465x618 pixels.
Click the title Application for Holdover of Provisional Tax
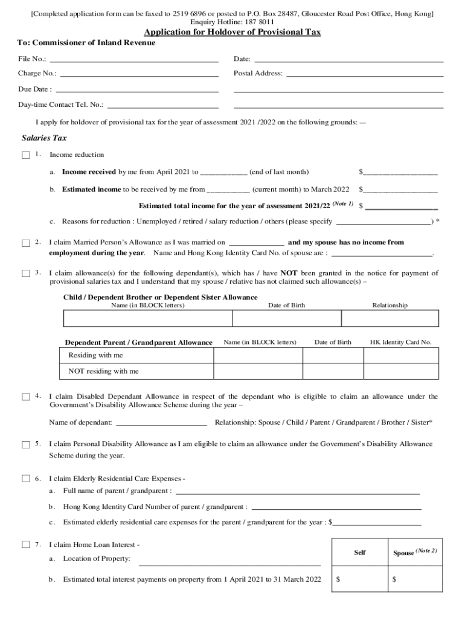coord(232,33)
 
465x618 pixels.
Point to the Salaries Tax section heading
coord(44,138)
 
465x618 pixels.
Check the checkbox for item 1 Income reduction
coord(26,155)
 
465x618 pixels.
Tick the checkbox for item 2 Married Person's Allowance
coord(26,243)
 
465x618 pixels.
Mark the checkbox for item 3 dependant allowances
coord(26,274)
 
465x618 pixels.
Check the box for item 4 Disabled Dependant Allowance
coord(26,397)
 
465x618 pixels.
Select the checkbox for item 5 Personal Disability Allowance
coord(26,445)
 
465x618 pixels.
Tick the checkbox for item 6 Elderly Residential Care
coord(26,479)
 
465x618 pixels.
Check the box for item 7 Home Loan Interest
coord(26,545)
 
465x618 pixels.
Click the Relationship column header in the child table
coord(390,305)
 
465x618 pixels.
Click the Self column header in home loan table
coord(359,552)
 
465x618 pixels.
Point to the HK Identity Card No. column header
coord(400,342)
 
